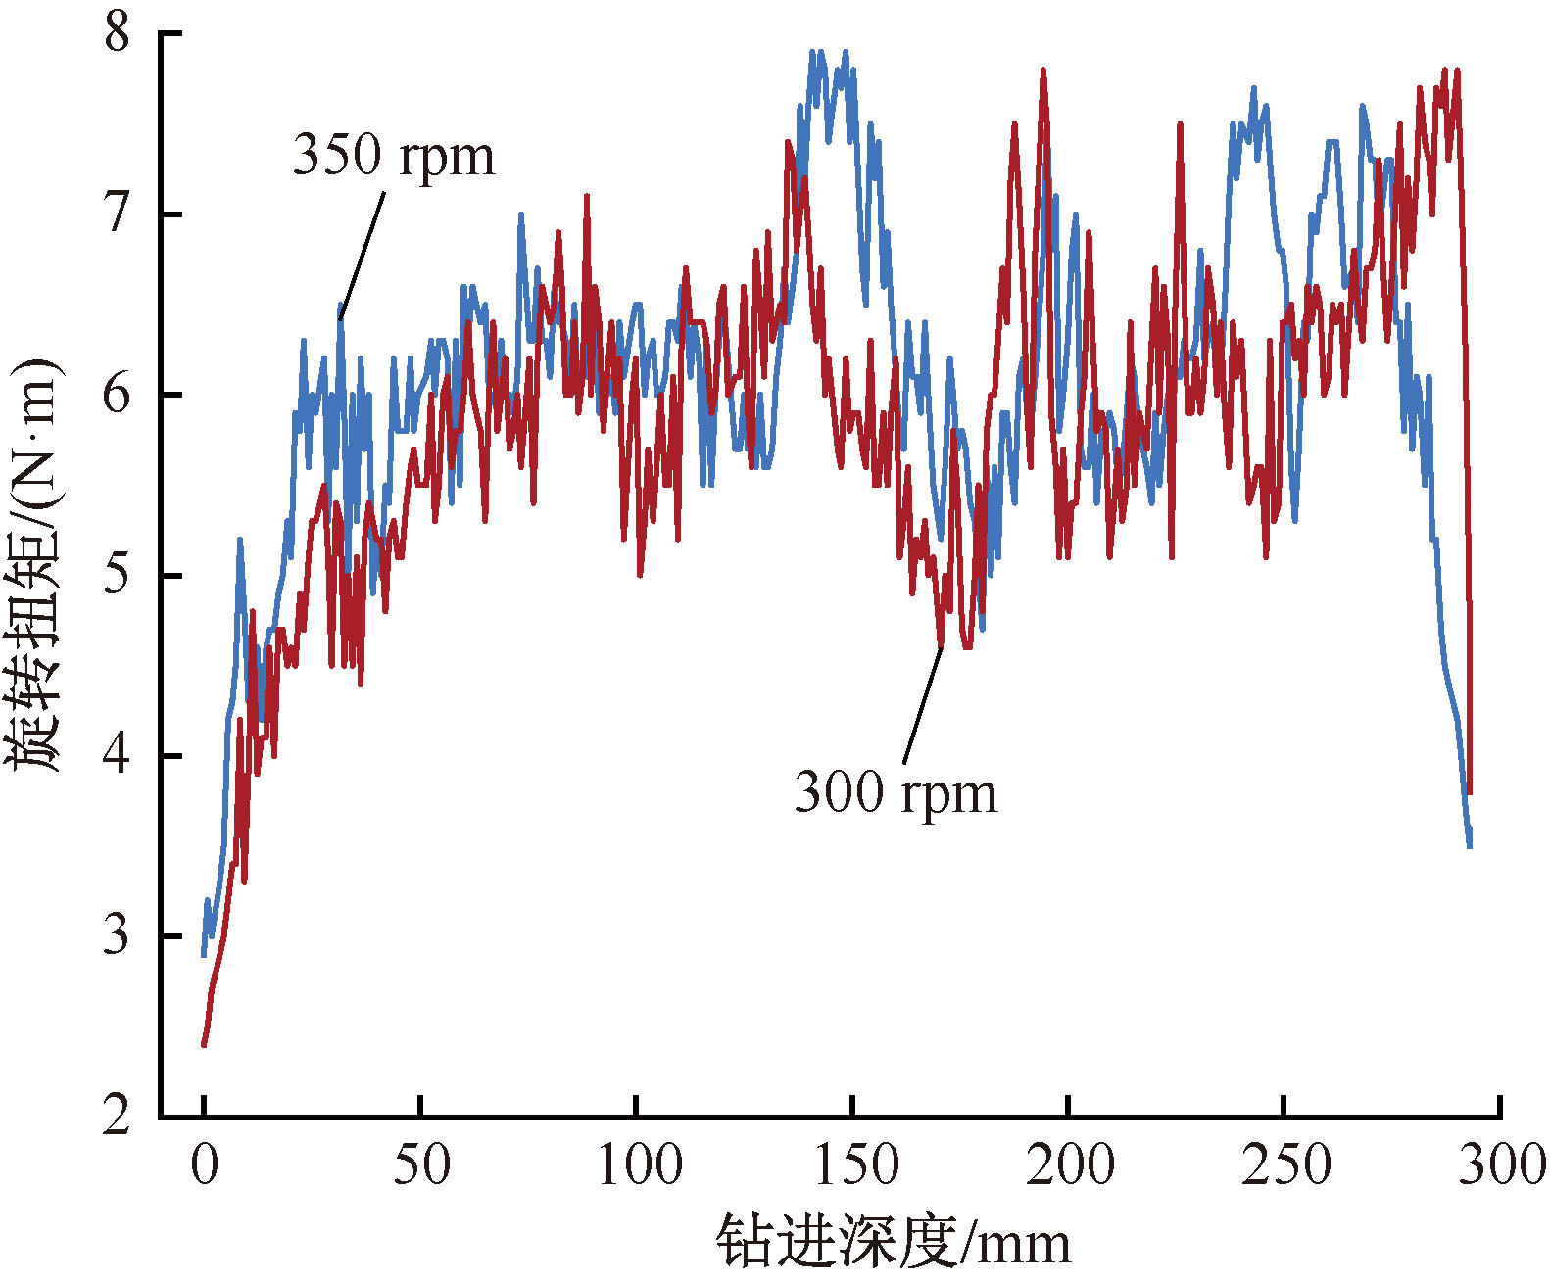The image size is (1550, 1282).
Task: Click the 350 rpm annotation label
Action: tap(394, 156)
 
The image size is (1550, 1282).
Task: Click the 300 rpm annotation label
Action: tap(896, 792)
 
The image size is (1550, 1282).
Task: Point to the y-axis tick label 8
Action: tap(118, 34)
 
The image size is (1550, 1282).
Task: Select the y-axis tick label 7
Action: tap(118, 214)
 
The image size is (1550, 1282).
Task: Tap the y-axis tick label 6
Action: tap(118, 395)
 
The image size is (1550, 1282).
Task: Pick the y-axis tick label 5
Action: tap(118, 575)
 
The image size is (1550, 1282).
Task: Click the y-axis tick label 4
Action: tap(118, 755)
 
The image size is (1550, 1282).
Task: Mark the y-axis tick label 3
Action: tap(118, 935)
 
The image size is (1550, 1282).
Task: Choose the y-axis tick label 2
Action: tap(118, 1116)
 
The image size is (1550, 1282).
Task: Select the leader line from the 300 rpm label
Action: tap(922, 705)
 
